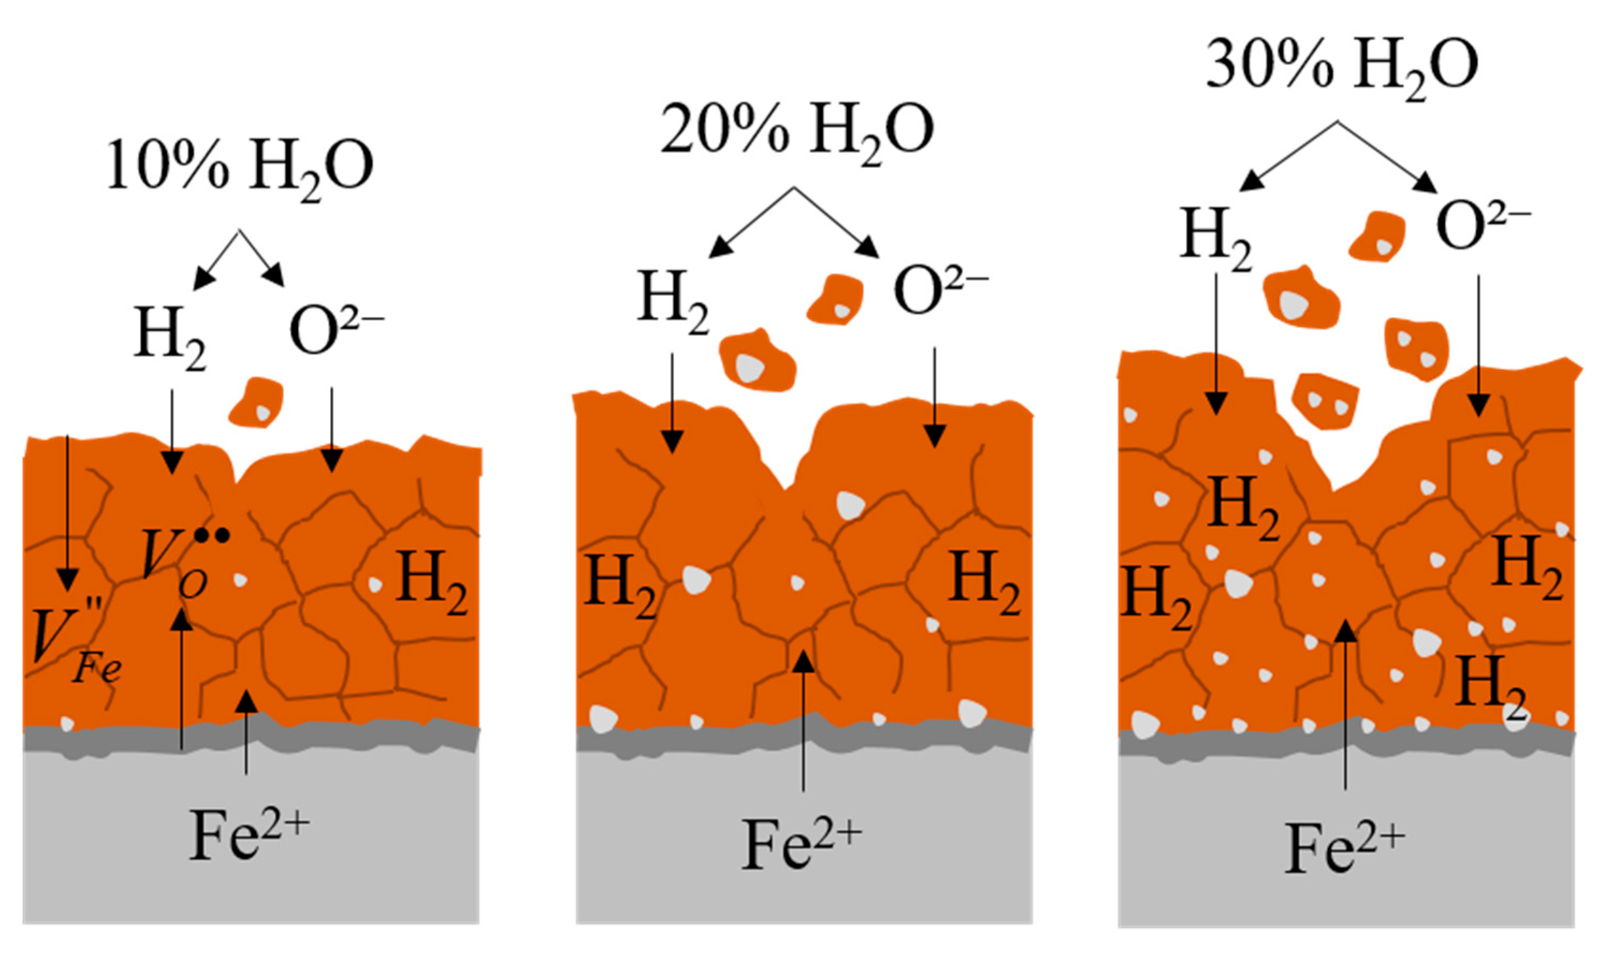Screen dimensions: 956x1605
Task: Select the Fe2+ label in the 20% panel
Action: pyautogui.click(x=801, y=844)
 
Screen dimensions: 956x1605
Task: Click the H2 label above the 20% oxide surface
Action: pyautogui.click(x=673, y=302)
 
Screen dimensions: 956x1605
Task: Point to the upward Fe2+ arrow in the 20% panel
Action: pyautogui.click(x=803, y=728)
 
